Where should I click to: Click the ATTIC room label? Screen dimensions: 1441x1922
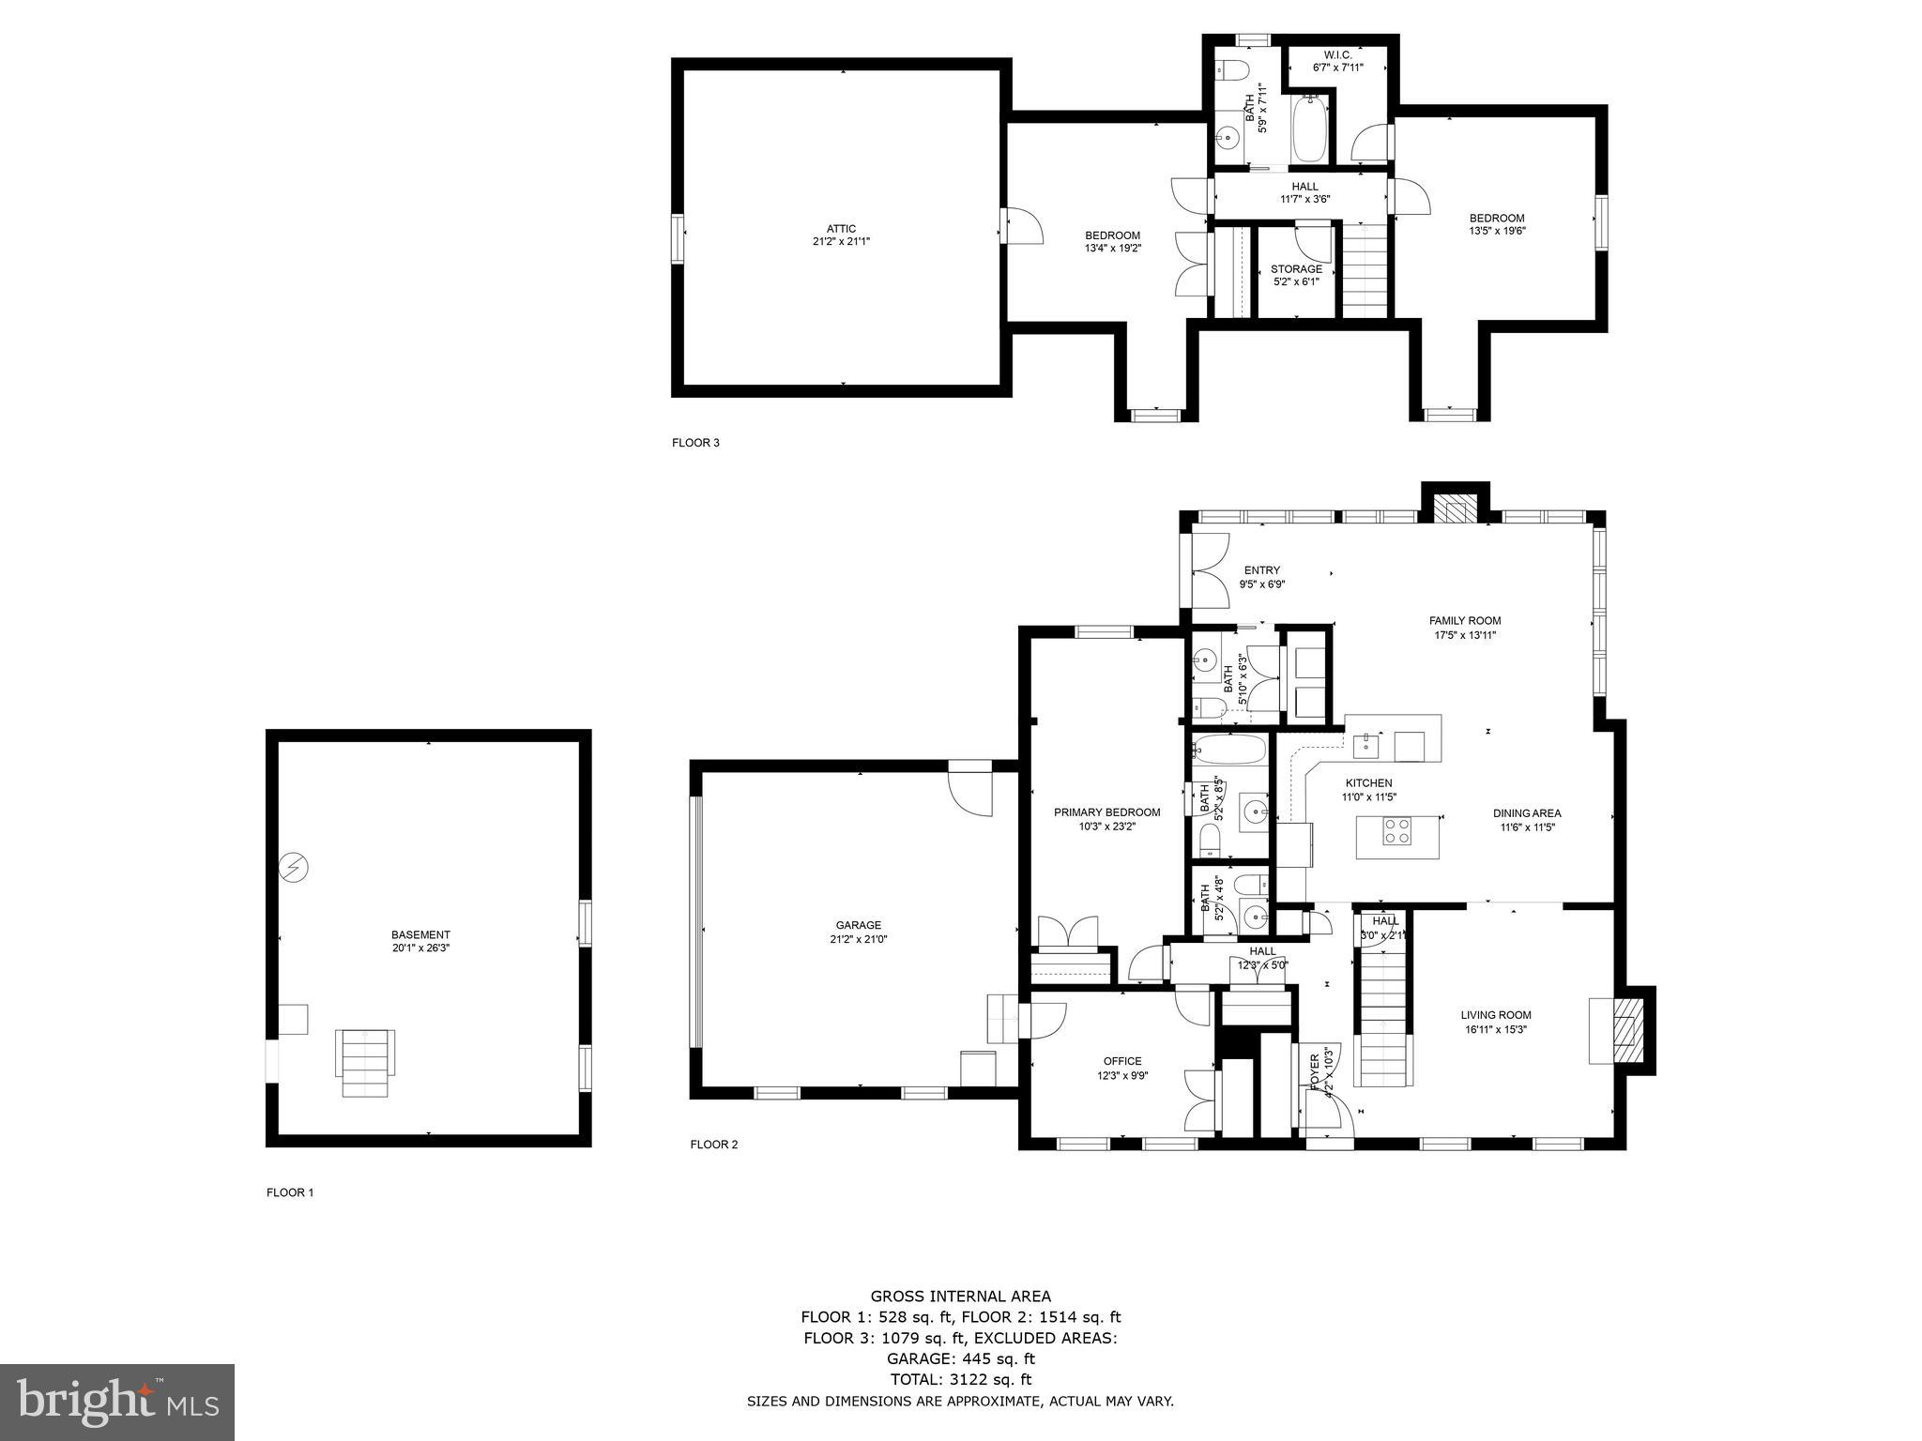[841, 229]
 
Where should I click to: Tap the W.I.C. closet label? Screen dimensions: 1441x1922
[1337, 55]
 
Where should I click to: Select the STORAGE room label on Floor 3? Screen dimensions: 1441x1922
[1296, 269]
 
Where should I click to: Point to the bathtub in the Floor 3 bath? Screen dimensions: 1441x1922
[1310, 131]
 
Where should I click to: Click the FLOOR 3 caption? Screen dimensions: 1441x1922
[695, 443]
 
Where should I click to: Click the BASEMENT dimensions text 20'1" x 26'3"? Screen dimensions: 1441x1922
[420, 948]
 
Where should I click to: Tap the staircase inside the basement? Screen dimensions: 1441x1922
[365, 1062]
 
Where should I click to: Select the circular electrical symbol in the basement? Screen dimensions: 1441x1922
[295, 868]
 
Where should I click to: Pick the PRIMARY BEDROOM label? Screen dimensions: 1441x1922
[1106, 812]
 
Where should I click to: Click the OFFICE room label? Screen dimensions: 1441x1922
[1121, 1062]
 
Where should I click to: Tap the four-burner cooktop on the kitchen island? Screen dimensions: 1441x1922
[1396, 830]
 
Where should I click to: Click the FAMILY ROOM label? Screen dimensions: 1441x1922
[1464, 620]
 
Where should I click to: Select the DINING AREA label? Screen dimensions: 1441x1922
[1527, 813]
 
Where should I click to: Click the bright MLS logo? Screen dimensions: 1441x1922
[116, 1402]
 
